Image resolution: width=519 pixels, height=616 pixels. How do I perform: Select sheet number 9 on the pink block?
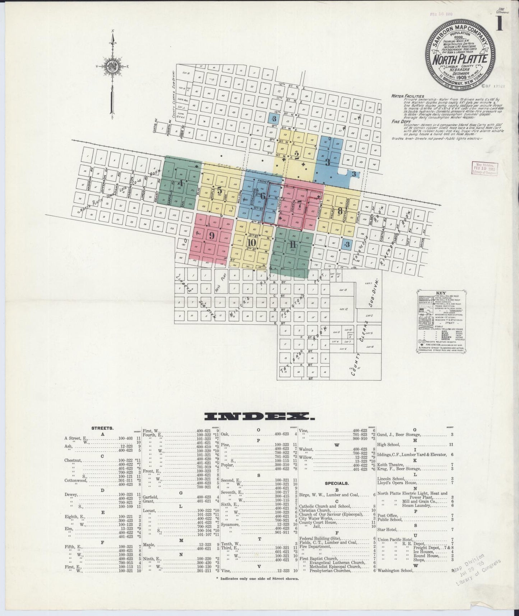[212, 236]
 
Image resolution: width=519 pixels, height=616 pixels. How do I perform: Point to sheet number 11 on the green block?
[291, 245]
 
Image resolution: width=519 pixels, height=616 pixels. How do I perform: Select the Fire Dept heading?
[400, 121]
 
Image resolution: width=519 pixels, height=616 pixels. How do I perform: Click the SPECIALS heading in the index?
[336, 483]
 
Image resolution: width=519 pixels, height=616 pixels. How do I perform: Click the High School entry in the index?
[386, 445]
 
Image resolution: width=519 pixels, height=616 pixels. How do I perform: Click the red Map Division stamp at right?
[485, 168]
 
